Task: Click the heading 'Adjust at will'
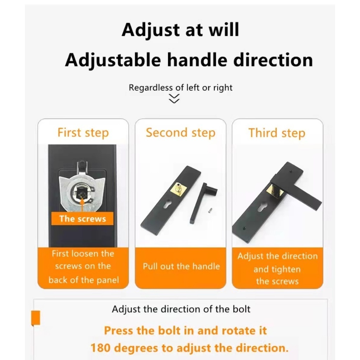180,30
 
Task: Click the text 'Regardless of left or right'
180,88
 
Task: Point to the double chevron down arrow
174,98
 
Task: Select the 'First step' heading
83,133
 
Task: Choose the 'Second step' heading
181,133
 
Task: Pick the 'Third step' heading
277,133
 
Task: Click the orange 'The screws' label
82,219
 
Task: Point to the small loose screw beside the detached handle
211,210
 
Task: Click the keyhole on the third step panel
262,207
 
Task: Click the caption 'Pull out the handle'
181,266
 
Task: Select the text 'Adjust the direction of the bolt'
181,309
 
